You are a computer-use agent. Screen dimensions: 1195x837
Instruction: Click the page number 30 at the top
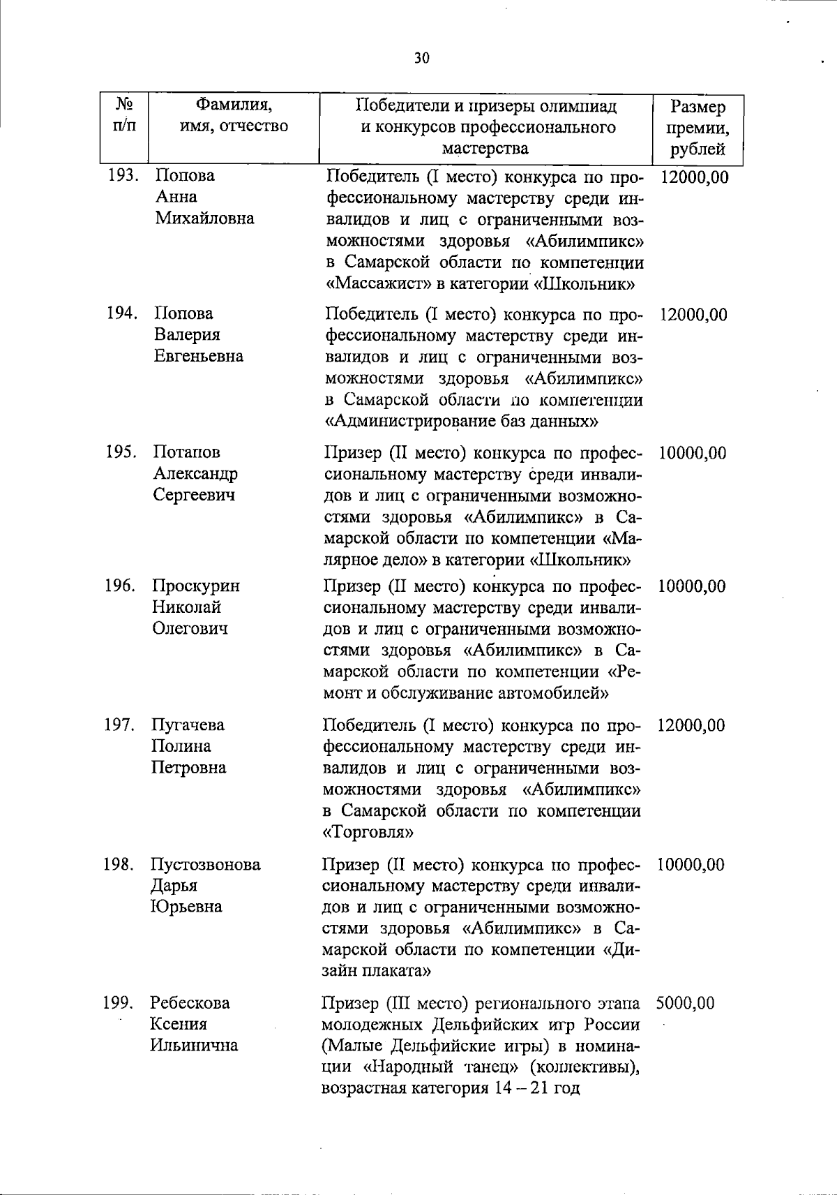421,58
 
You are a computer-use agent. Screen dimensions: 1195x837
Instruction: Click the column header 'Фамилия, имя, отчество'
234,116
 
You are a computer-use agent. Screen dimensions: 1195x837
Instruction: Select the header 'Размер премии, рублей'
697,128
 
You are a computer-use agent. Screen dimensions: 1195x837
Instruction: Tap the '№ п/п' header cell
124,116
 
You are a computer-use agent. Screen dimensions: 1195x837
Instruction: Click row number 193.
123,176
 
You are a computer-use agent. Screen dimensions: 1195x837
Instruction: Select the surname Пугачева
188,725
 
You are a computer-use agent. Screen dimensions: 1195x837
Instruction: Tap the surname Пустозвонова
206,864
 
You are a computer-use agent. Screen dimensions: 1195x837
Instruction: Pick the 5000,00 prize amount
685,1003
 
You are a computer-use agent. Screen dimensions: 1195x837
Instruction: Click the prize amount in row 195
691,453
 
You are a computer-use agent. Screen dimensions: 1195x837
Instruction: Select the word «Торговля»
368,833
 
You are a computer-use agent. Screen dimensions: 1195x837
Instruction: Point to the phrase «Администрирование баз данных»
462,422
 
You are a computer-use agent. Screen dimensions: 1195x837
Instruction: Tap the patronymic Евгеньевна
199,356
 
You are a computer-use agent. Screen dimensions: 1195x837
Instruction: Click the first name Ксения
179,1024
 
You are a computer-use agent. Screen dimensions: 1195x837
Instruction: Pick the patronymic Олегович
190,628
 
